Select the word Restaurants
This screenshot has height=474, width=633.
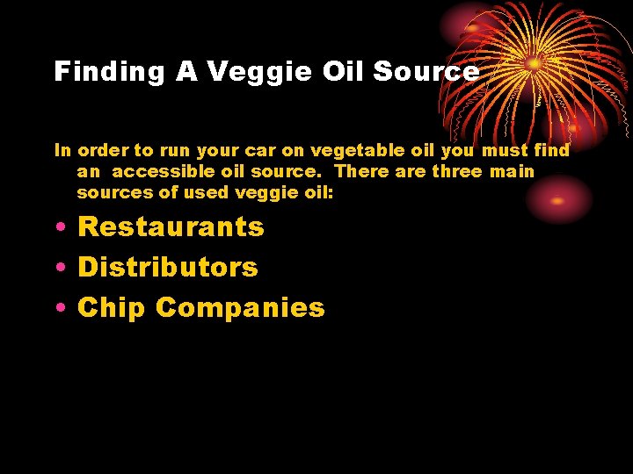coord(171,226)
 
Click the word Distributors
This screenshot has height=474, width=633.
coord(168,267)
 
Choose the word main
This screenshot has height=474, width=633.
coord(512,171)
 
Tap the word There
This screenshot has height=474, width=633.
coord(361,171)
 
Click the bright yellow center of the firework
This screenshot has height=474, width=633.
coord(535,63)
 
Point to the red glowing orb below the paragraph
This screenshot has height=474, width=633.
coord(557,199)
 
